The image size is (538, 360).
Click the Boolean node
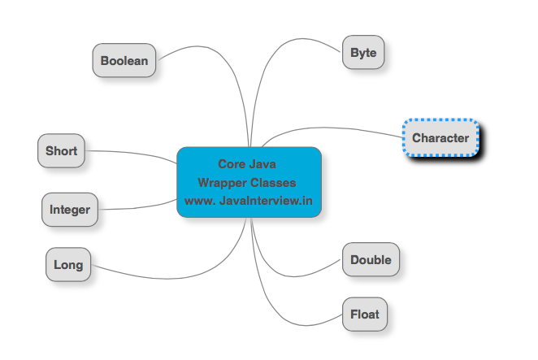[124, 60]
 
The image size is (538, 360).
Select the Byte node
[363, 52]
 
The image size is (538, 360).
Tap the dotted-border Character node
[440, 137]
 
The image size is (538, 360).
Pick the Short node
[61, 150]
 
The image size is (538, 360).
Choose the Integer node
[70, 210]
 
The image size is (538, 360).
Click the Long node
[68, 265]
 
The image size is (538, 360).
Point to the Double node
[371, 259]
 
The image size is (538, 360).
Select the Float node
[365, 314]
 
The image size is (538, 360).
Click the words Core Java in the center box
[247, 164]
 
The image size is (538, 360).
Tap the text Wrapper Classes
[247, 183]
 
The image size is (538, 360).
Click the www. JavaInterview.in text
[249, 201]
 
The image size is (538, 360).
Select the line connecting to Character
[329, 128]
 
